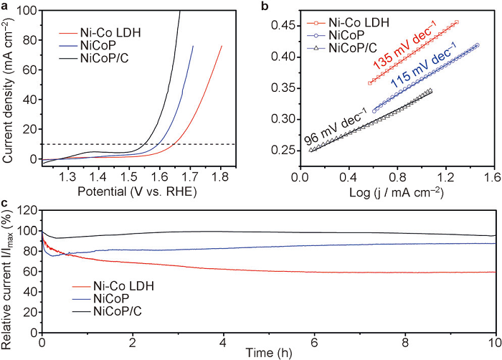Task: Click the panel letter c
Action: click(6, 205)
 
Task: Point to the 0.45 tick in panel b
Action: click(286, 26)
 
